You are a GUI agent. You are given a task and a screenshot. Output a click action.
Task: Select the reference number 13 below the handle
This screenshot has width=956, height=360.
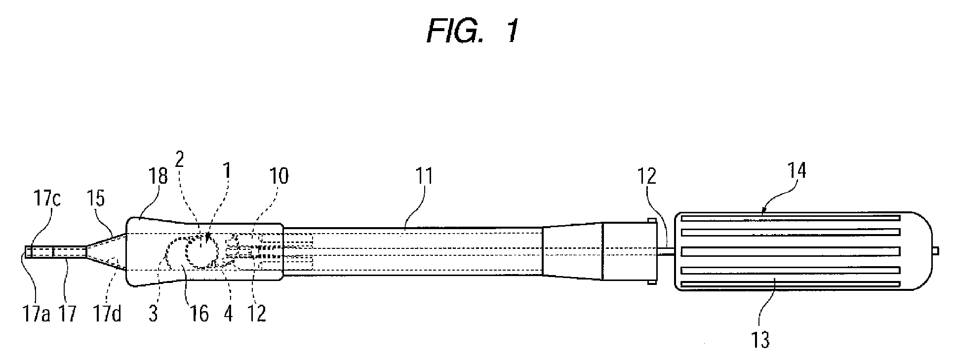tap(761, 340)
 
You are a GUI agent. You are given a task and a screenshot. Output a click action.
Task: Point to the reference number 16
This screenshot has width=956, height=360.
tap(199, 314)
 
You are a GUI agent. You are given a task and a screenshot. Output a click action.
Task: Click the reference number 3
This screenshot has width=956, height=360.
tap(153, 314)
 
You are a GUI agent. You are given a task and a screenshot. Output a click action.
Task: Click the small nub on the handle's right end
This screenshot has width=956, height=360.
tap(934, 252)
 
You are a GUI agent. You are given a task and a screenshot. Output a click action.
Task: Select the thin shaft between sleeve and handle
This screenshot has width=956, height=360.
tap(666, 252)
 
